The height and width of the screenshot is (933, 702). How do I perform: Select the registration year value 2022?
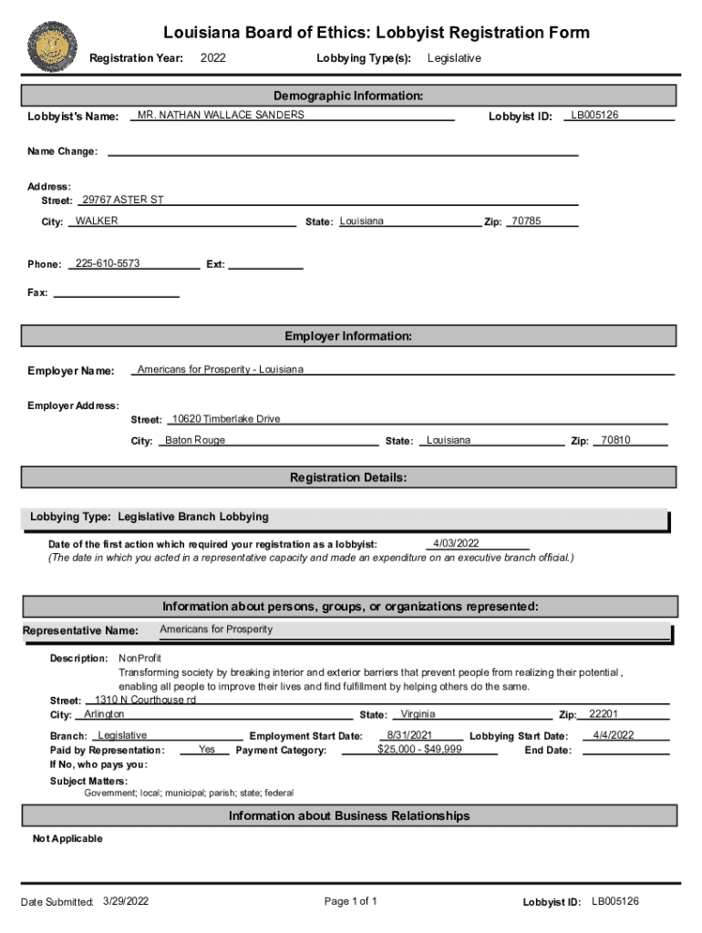click(x=212, y=58)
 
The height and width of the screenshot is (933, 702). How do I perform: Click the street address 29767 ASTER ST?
click(x=123, y=200)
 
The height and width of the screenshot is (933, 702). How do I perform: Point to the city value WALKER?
click(x=97, y=221)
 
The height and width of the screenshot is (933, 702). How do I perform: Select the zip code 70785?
click(x=526, y=221)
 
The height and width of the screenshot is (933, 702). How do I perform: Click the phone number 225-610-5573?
click(x=108, y=263)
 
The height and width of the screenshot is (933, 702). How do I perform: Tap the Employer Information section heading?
click(x=348, y=336)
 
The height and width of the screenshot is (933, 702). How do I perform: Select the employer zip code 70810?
click(x=615, y=440)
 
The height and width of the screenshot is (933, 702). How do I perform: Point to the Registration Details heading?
click(x=348, y=477)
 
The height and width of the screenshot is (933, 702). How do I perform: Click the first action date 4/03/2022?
click(x=456, y=544)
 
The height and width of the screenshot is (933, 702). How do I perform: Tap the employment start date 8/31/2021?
click(x=409, y=734)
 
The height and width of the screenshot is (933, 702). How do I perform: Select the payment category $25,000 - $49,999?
click(x=419, y=749)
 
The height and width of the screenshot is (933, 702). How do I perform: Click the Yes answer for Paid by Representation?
click(x=207, y=749)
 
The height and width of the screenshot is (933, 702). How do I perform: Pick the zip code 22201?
click(x=604, y=714)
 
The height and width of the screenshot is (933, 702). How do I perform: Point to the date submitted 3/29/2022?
click(x=127, y=901)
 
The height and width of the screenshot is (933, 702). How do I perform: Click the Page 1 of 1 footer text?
click(x=351, y=901)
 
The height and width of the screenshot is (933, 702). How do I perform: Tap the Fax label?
click(x=37, y=292)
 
